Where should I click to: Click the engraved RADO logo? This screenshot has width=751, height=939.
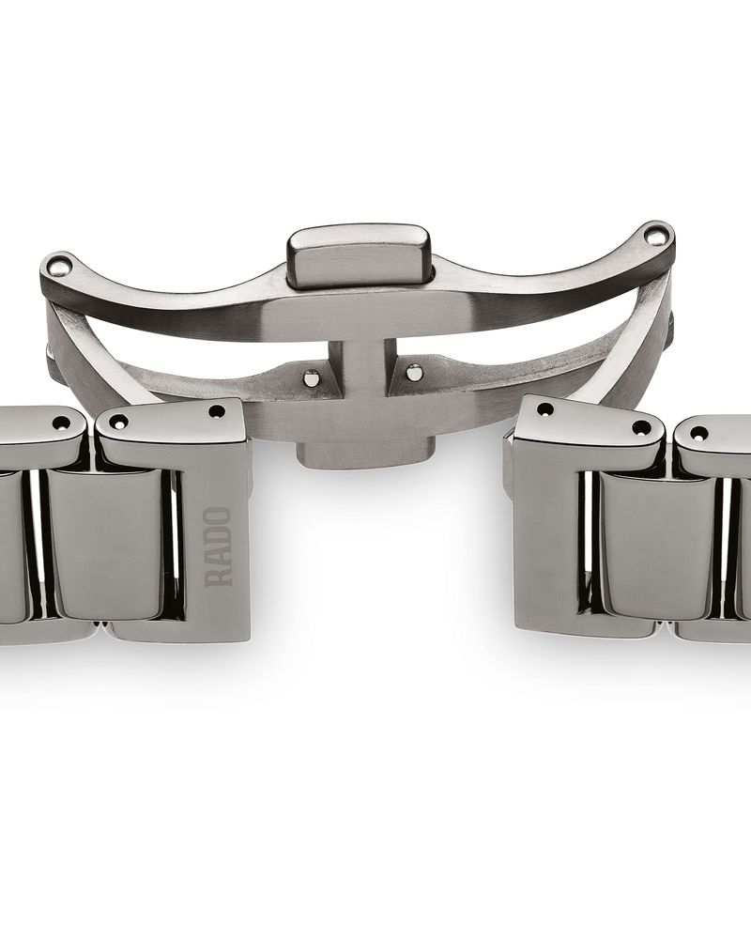[218, 546]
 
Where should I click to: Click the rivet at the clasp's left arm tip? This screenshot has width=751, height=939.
[59, 264]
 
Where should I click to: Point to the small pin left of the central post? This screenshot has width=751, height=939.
[312, 378]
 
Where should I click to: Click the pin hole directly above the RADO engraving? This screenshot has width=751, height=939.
[217, 412]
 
